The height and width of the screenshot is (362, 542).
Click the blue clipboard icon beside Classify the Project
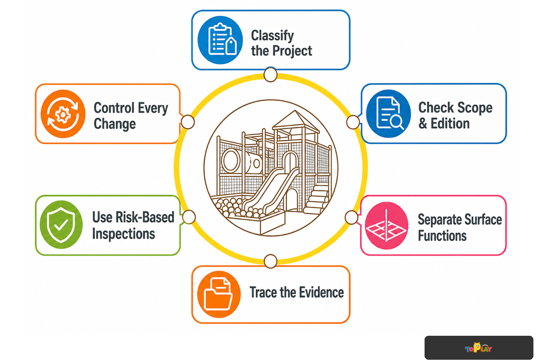[220, 40]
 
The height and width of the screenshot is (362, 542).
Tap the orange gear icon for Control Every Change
[63, 114]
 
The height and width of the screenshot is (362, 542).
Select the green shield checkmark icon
[61, 224]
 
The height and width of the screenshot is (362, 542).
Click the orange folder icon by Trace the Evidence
[219, 295]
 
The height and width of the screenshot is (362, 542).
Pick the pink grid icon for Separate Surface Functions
[387, 225]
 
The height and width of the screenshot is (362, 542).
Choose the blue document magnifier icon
[388, 114]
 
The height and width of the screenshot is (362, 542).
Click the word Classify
[272, 36]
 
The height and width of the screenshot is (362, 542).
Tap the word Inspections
[124, 234]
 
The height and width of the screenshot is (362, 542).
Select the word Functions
[442, 235]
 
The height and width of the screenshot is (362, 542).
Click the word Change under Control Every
[115, 124]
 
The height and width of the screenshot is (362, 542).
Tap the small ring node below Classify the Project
[271, 75]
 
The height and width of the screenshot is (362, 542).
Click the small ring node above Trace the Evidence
[271, 261]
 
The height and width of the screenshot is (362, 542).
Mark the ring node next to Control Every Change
[187, 122]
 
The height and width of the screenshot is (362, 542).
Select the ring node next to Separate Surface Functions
[351, 217]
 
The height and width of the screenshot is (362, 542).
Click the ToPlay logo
[478, 348]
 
